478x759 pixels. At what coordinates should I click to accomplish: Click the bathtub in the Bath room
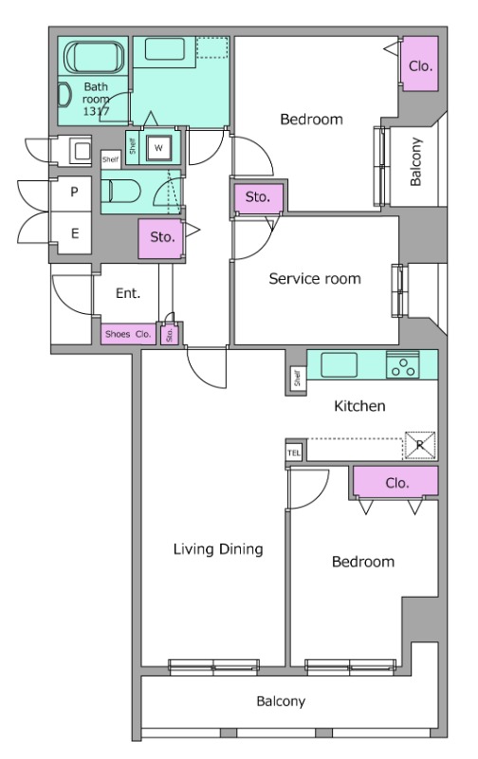94,58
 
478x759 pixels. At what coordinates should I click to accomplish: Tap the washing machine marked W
158,148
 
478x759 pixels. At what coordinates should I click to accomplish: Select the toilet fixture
121,192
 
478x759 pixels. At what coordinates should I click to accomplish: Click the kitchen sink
340,364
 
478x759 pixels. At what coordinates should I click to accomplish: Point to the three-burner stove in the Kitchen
402,365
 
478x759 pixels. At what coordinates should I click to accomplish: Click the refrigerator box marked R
419,445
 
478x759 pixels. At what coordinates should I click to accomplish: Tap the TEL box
294,454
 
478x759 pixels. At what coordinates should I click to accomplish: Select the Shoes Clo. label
128,334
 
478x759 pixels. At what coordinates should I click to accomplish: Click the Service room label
315,279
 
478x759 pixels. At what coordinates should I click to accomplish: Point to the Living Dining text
218,549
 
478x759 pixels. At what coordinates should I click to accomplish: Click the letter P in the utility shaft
74,193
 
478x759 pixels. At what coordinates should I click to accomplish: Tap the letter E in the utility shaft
75,233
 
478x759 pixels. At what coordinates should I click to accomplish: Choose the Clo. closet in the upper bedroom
420,64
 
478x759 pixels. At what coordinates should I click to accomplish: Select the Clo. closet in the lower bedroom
395,481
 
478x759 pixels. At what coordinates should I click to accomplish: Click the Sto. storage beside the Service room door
258,198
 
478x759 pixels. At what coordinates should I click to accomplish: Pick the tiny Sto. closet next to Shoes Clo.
170,334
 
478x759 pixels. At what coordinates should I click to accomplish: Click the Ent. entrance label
128,293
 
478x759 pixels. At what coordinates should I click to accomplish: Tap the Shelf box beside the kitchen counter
297,378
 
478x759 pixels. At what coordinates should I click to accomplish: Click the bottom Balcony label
281,701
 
